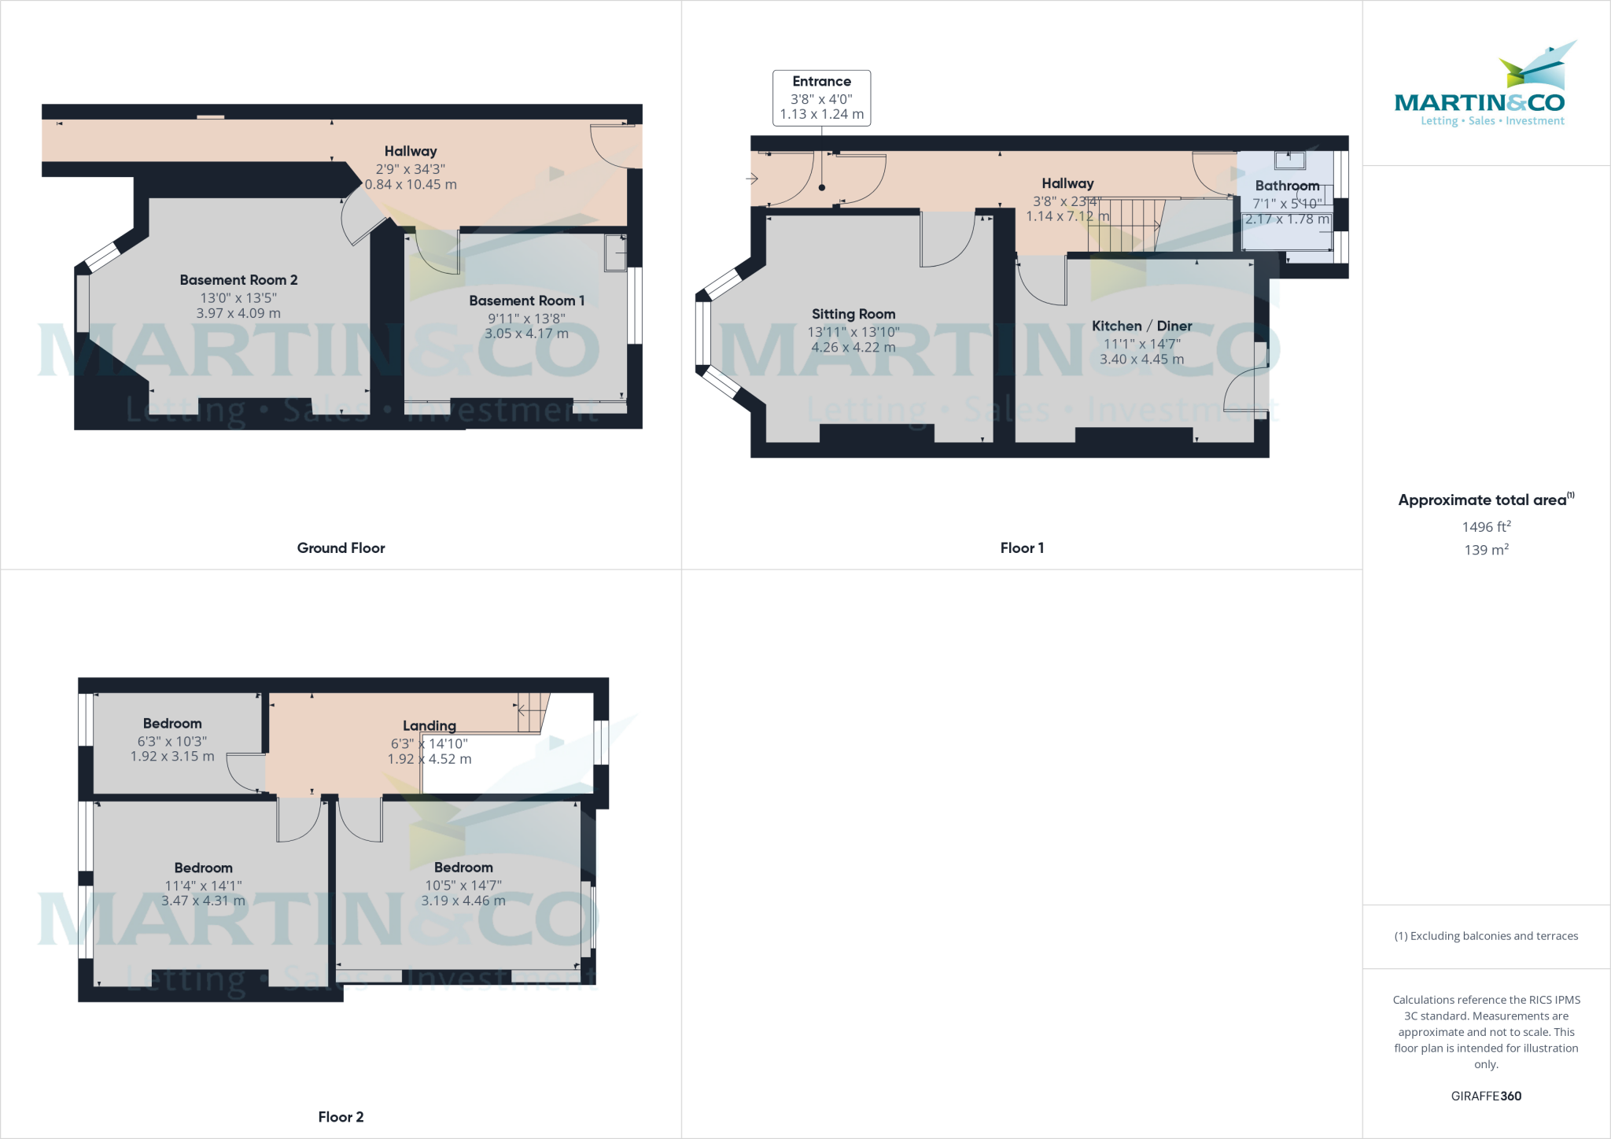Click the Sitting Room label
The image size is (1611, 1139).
click(853, 314)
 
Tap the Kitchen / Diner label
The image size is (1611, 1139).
click(1141, 326)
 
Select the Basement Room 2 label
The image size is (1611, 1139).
click(238, 280)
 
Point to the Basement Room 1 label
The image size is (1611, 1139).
click(526, 300)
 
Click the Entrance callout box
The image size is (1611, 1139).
click(821, 98)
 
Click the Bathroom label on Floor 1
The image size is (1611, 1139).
click(1287, 186)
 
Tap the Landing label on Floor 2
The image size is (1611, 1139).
click(429, 725)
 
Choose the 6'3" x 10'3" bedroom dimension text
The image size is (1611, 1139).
click(172, 741)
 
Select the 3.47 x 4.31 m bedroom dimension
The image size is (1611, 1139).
click(203, 901)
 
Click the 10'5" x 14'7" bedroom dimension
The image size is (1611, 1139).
click(463, 885)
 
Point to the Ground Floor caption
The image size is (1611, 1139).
click(341, 548)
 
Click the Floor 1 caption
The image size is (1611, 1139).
click(1022, 548)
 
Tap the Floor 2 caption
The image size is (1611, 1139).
click(341, 1117)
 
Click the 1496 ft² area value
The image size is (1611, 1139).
click(1486, 527)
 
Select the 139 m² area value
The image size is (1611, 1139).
click(1486, 550)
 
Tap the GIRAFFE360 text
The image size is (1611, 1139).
click(1486, 1096)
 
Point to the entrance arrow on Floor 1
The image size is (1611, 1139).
click(752, 179)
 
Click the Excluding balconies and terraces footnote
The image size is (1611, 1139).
click(1486, 936)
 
